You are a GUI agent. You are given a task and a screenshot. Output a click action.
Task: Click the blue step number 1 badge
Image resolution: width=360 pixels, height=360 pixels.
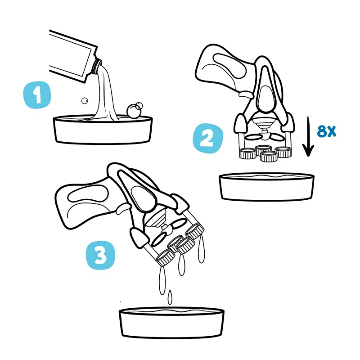click(37, 94)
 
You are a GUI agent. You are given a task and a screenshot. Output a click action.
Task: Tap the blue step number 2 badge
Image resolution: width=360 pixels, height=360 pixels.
click(208, 138)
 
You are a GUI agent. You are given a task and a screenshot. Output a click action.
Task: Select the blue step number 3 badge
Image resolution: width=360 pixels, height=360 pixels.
click(100, 255)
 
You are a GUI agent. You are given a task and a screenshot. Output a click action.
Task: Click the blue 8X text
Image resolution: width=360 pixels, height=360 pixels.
click(326, 131)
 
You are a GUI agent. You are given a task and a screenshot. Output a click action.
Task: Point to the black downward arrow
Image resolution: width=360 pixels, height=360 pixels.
click(308, 137)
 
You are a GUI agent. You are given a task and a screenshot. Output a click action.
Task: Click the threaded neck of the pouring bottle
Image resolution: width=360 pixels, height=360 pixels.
click(97, 66)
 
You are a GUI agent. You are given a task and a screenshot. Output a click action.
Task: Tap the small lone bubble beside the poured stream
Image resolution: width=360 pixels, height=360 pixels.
click(85, 100)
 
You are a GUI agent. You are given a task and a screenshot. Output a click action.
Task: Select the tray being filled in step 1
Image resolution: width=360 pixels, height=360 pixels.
click(103, 130)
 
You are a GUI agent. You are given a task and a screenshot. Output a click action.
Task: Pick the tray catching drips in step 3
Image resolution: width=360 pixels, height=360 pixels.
click(171, 323)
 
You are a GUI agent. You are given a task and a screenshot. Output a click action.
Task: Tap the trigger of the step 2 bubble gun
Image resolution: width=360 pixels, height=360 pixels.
click(246, 94)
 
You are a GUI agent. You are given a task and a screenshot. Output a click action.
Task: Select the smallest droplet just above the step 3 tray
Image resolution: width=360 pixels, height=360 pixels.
click(170, 297)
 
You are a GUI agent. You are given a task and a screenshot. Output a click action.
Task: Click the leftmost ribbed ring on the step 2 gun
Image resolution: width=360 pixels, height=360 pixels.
click(247, 153)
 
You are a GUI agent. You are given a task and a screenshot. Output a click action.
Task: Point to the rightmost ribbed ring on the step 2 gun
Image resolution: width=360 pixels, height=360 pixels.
click(283, 152)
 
